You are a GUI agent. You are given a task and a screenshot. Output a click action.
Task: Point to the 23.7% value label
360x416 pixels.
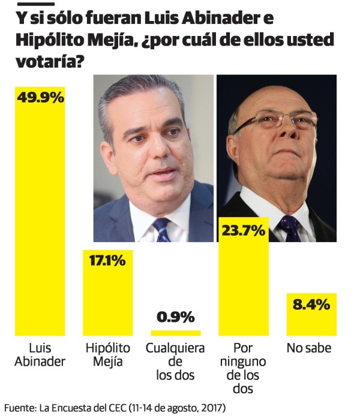click(244, 230)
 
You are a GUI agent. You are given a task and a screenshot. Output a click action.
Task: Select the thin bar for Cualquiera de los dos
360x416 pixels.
click(176, 332)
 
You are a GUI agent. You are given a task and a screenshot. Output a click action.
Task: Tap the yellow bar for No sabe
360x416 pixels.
click(311, 324)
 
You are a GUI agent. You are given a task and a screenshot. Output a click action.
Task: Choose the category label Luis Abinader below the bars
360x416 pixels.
click(40, 354)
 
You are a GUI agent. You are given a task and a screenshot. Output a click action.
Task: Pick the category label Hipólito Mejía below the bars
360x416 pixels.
click(107, 354)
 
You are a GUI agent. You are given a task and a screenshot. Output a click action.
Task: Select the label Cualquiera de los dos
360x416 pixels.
click(176, 361)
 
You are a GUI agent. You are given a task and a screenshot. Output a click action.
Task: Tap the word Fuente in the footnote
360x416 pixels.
click(19, 407)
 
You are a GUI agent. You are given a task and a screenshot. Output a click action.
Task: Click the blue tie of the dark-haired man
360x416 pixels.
click(162, 230)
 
